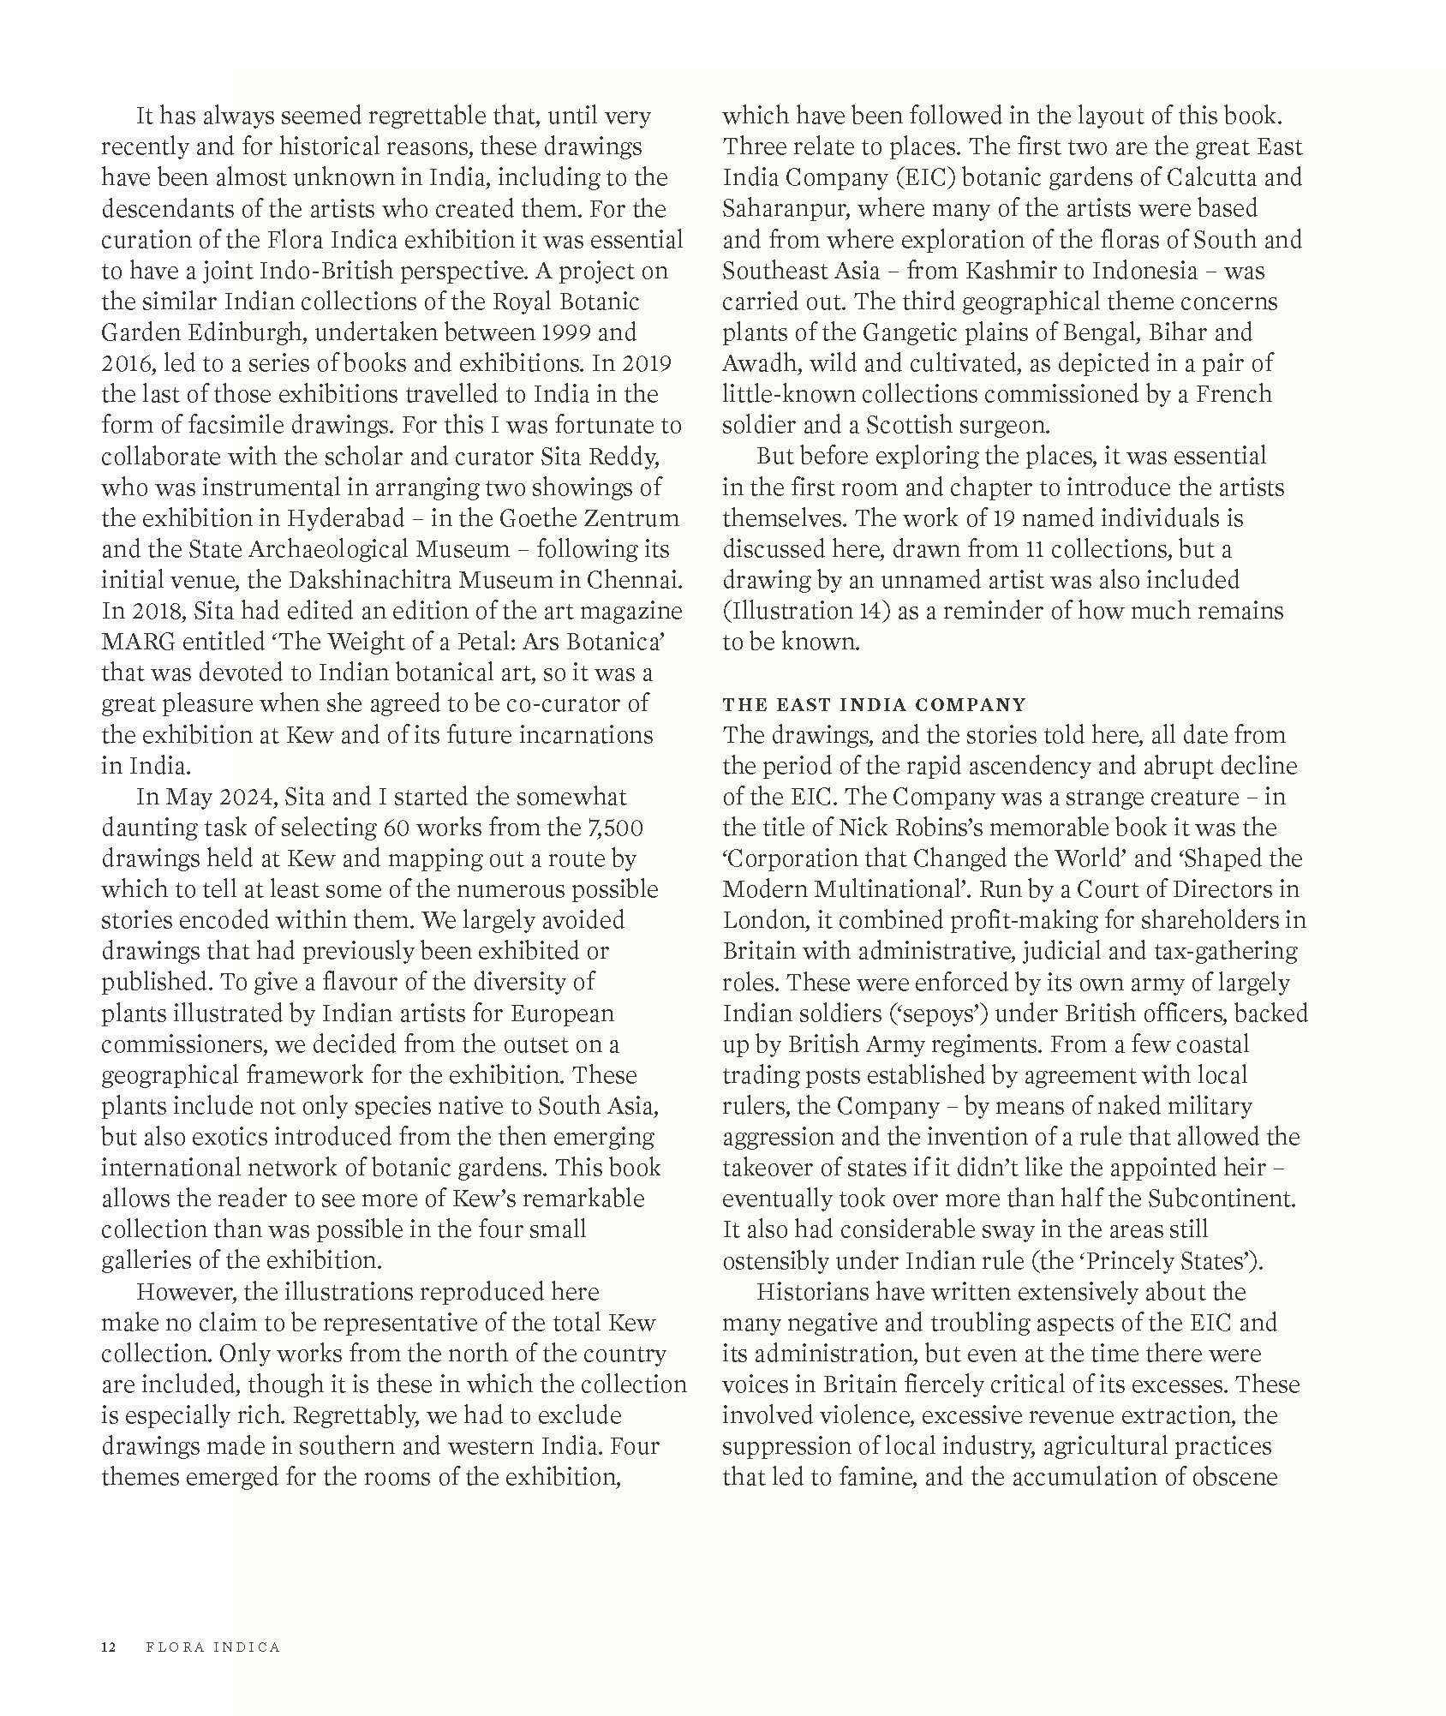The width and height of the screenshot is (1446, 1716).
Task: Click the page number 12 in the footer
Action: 108,1647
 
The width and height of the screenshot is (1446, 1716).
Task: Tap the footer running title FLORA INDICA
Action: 213,1647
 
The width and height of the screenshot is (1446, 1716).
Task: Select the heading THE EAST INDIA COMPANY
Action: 874,704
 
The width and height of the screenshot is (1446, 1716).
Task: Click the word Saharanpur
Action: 786,208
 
